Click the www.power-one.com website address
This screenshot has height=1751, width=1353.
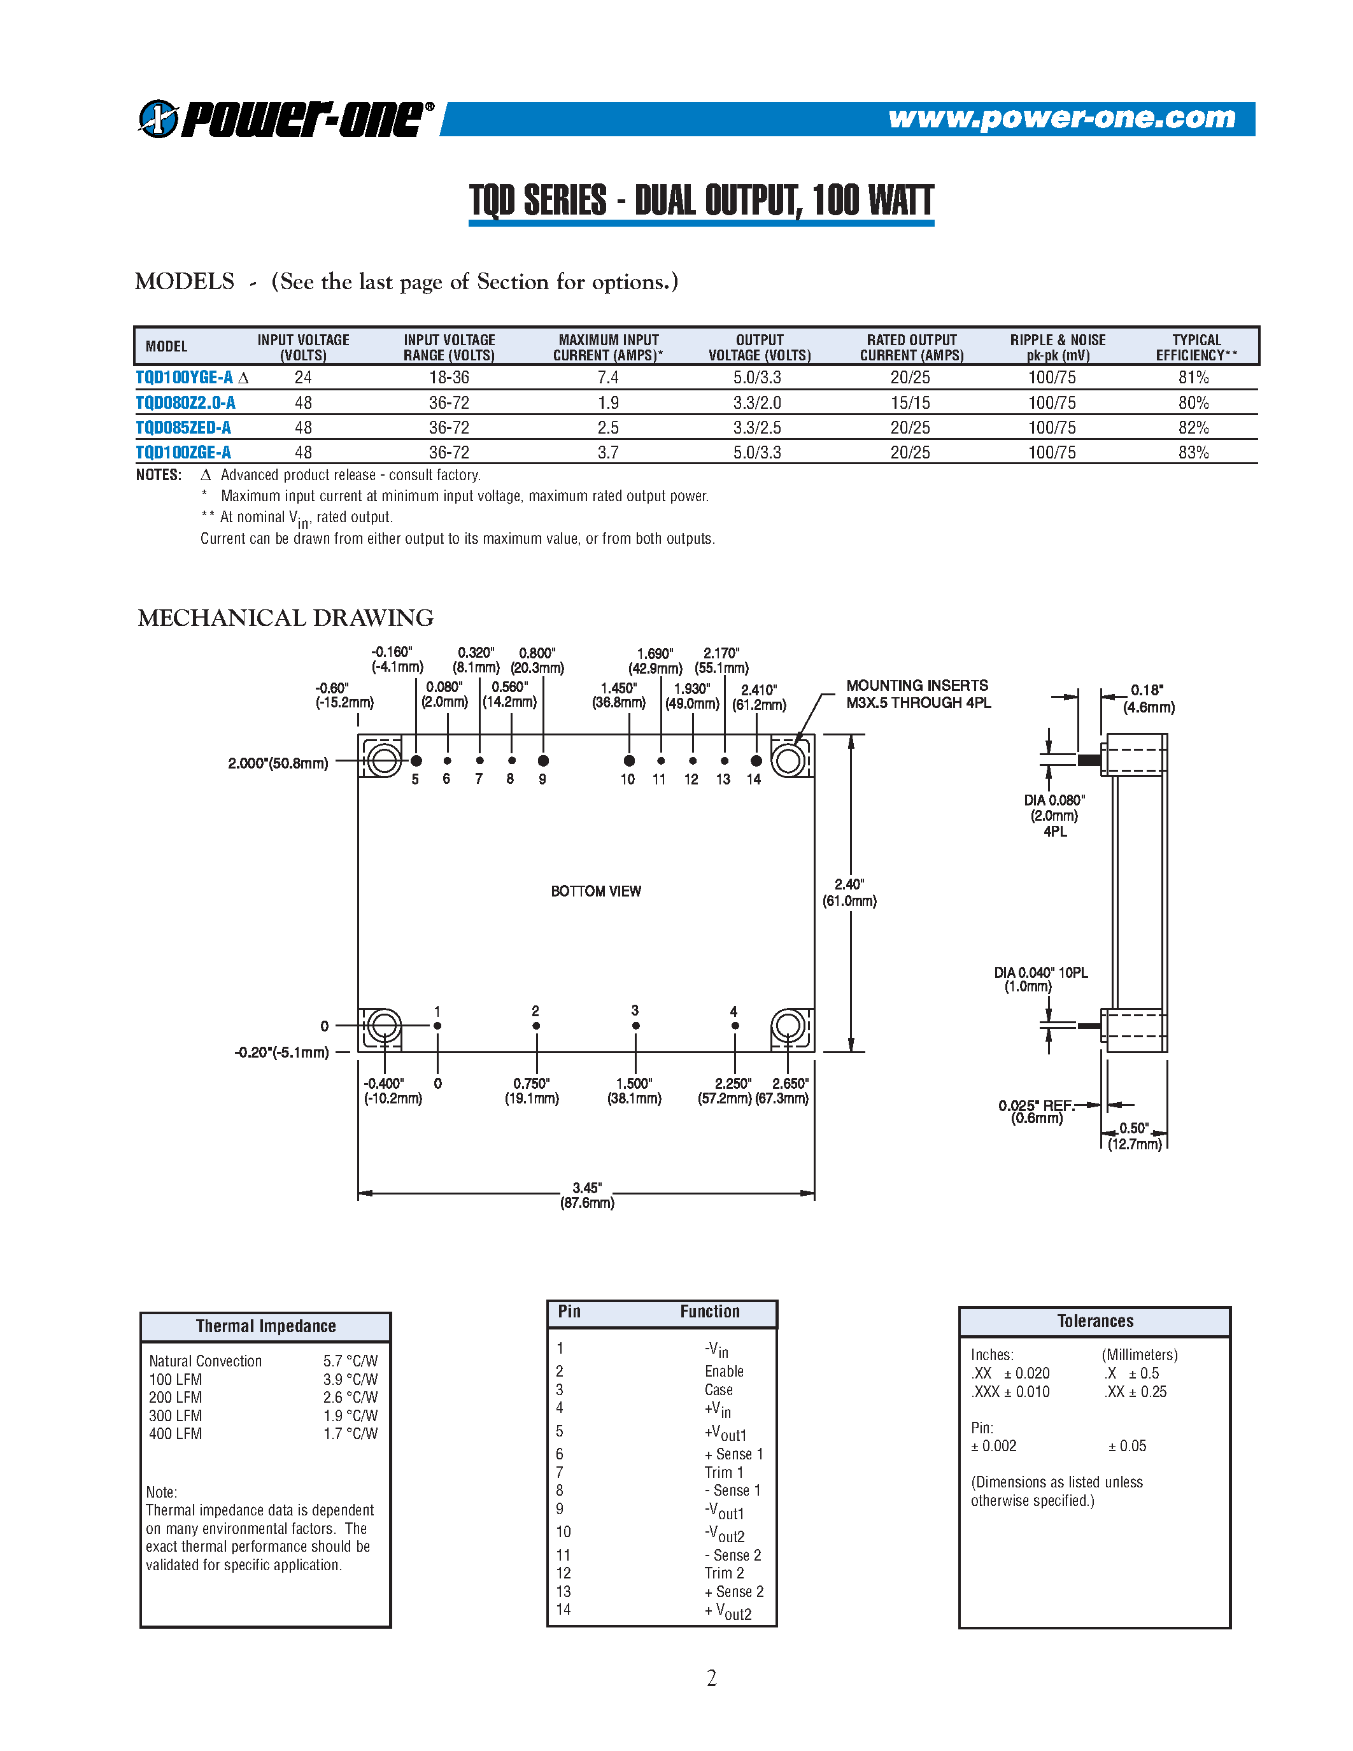[x=1061, y=118]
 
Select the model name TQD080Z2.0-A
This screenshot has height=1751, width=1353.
[x=185, y=402]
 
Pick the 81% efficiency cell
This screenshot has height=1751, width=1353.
[x=1193, y=378]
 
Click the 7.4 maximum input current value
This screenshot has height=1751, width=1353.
[x=607, y=378]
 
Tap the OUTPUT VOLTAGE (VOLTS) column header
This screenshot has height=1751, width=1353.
[x=759, y=347]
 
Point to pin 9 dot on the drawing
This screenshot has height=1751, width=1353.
[x=544, y=760]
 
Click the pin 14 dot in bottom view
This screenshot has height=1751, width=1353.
[x=756, y=760]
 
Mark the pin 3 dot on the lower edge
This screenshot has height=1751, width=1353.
[x=635, y=1025]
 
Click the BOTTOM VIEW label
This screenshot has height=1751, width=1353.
[x=595, y=891]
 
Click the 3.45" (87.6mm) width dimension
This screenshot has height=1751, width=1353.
[x=587, y=1195]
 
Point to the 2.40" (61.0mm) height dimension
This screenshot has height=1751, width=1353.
[x=849, y=892]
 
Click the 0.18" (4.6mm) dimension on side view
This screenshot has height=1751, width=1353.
[x=1148, y=698]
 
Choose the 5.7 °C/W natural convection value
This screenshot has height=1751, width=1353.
[x=350, y=1361]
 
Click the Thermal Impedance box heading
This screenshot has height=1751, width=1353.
[x=266, y=1326]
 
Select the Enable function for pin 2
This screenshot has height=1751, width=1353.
[x=724, y=1371]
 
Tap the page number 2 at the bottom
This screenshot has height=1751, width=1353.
[x=711, y=1678]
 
